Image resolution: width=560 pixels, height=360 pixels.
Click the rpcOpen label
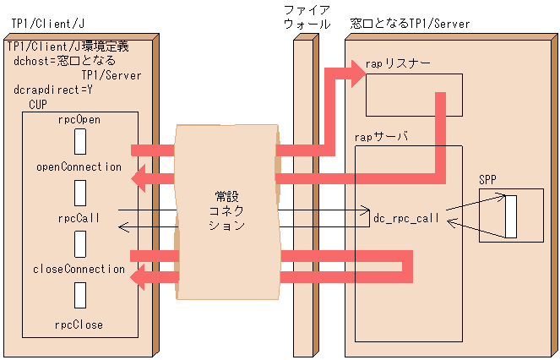[x=79, y=120]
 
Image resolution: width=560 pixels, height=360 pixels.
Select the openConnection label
[x=79, y=166]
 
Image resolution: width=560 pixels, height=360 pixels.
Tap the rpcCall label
[x=79, y=217]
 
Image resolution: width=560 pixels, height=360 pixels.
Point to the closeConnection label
[x=79, y=269]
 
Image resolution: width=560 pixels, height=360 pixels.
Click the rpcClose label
[x=79, y=324]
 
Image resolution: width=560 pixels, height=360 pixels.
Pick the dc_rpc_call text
[x=406, y=218]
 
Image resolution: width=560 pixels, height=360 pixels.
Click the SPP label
[x=488, y=180]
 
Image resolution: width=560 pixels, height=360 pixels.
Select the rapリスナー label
[x=398, y=63]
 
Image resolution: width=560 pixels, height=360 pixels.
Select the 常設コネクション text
[x=226, y=211]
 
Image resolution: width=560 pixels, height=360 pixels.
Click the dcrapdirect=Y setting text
[x=52, y=89]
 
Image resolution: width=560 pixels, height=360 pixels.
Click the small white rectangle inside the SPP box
[x=510, y=216]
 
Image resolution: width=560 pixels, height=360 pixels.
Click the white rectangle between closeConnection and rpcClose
[x=79, y=296]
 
